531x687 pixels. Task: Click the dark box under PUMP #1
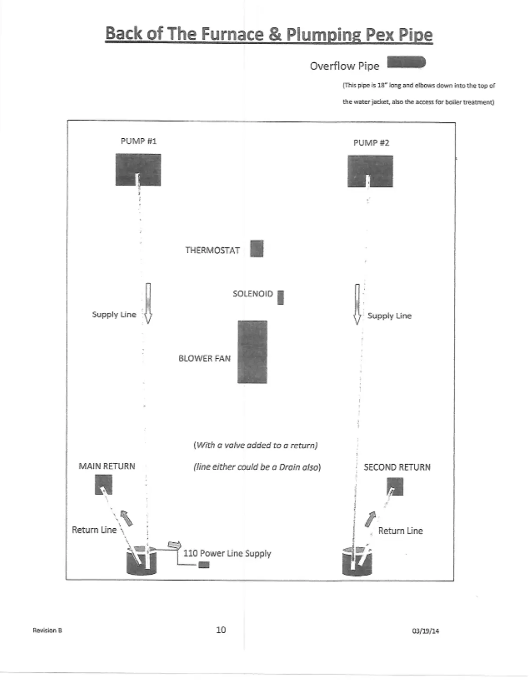pyautogui.click(x=138, y=170)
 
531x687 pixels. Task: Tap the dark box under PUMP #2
pyautogui.click(x=370, y=172)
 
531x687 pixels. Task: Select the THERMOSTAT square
pyautogui.click(x=256, y=249)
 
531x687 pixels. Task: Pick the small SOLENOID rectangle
pyautogui.click(x=280, y=298)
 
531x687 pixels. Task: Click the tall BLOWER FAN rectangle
pyautogui.click(x=252, y=352)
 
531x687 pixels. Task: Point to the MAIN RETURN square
pyautogui.click(x=103, y=484)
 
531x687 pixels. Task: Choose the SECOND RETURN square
pyautogui.click(x=395, y=486)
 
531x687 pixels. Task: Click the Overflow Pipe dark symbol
pyautogui.click(x=406, y=62)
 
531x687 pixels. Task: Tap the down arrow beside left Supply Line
pyautogui.click(x=148, y=303)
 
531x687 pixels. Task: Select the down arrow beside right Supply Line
pyautogui.click(x=357, y=304)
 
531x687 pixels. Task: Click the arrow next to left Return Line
pyautogui.click(x=127, y=517)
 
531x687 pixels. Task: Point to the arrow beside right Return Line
pyautogui.click(x=370, y=519)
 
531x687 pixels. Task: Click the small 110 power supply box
pyautogui.click(x=204, y=565)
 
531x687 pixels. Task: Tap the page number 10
pyautogui.click(x=221, y=630)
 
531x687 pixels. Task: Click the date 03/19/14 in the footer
pyautogui.click(x=425, y=631)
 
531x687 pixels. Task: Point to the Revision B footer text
pyautogui.click(x=47, y=630)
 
